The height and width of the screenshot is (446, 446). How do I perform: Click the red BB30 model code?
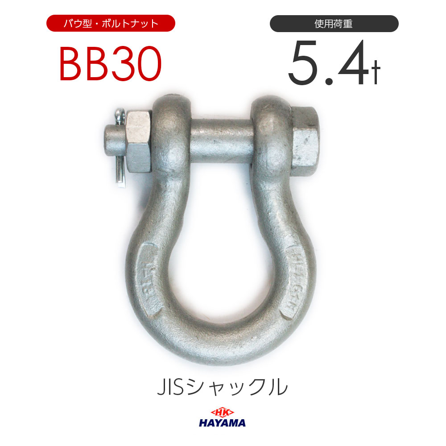(110, 66)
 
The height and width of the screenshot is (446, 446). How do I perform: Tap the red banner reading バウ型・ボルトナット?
(111, 23)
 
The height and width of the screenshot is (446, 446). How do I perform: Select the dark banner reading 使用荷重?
(334, 23)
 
